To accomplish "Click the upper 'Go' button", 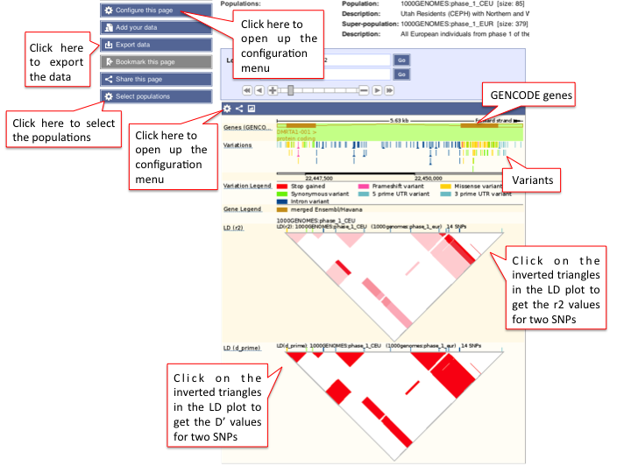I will tap(401, 60).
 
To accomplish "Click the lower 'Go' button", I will tap(401, 75).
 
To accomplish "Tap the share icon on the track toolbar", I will tap(239, 109).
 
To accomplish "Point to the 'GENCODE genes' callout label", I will tap(529, 95).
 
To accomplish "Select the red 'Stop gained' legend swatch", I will tap(283, 187).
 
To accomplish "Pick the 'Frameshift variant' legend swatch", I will tap(363, 187).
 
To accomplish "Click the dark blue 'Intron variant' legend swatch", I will tap(283, 201).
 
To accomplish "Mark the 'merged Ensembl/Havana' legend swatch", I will tap(283, 210).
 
